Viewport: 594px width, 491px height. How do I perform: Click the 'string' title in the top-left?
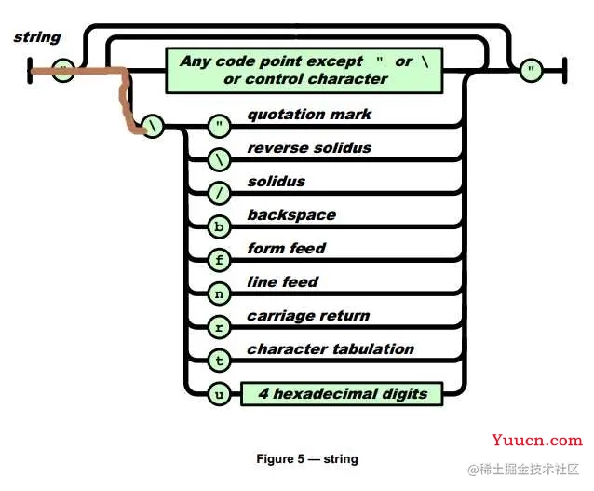click(x=37, y=37)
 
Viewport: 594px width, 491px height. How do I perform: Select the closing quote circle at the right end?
click(x=531, y=70)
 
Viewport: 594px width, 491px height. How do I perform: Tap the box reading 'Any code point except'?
click(x=304, y=70)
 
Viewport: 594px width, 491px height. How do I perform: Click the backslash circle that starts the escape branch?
click(x=153, y=127)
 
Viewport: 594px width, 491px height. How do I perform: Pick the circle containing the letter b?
click(x=220, y=226)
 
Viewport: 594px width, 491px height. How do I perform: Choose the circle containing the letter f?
click(x=220, y=260)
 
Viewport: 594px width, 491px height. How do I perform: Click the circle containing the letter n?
click(x=220, y=293)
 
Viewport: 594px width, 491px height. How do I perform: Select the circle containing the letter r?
click(x=220, y=327)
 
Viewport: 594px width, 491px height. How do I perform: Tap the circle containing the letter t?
click(x=220, y=361)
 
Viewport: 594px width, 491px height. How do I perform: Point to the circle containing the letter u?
click(x=220, y=394)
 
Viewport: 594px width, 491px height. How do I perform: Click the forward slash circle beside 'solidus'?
click(x=220, y=193)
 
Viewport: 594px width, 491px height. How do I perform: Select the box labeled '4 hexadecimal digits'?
click(x=342, y=394)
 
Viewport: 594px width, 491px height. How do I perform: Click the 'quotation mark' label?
click(x=309, y=114)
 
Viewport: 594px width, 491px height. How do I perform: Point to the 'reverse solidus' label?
click(x=309, y=147)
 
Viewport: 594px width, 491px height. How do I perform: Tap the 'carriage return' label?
click(x=308, y=316)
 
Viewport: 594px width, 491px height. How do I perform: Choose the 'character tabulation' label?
click(x=331, y=348)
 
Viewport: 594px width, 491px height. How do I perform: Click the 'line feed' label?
click(x=283, y=281)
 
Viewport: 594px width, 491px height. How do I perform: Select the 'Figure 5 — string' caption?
click(x=307, y=458)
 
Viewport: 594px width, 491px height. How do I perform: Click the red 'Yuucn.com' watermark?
click(x=537, y=440)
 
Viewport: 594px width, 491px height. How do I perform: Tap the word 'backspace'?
click(x=291, y=215)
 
